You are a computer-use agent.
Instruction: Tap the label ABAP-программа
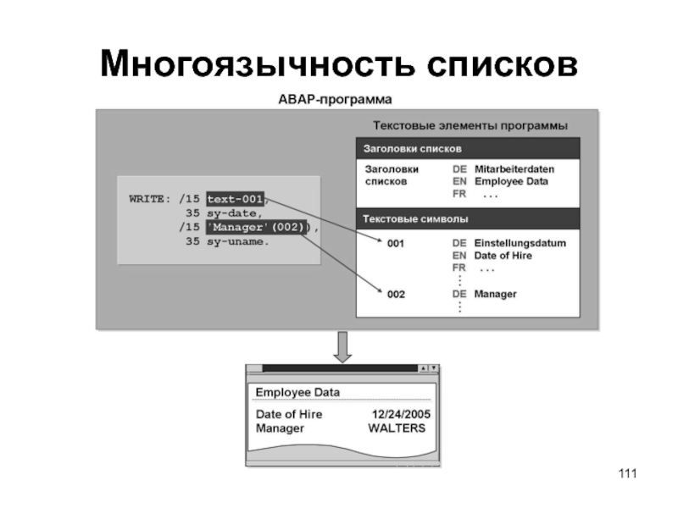(x=335, y=99)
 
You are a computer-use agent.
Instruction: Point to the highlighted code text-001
(x=235, y=200)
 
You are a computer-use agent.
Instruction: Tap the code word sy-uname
(x=237, y=241)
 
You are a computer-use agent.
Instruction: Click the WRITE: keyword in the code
(x=150, y=200)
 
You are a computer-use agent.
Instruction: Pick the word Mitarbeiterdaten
(x=514, y=168)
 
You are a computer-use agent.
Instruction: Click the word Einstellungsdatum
(x=520, y=243)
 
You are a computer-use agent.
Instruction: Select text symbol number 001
(x=396, y=244)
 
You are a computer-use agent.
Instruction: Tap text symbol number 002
(x=396, y=294)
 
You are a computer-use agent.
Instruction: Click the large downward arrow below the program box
(x=342, y=346)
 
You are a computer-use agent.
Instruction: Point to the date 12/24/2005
(x=401, y=414)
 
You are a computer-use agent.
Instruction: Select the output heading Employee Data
(x=297, y=393)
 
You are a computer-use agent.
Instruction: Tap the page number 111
(x=626, y=472)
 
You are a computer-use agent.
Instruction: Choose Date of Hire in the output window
(x=289, y=414)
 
